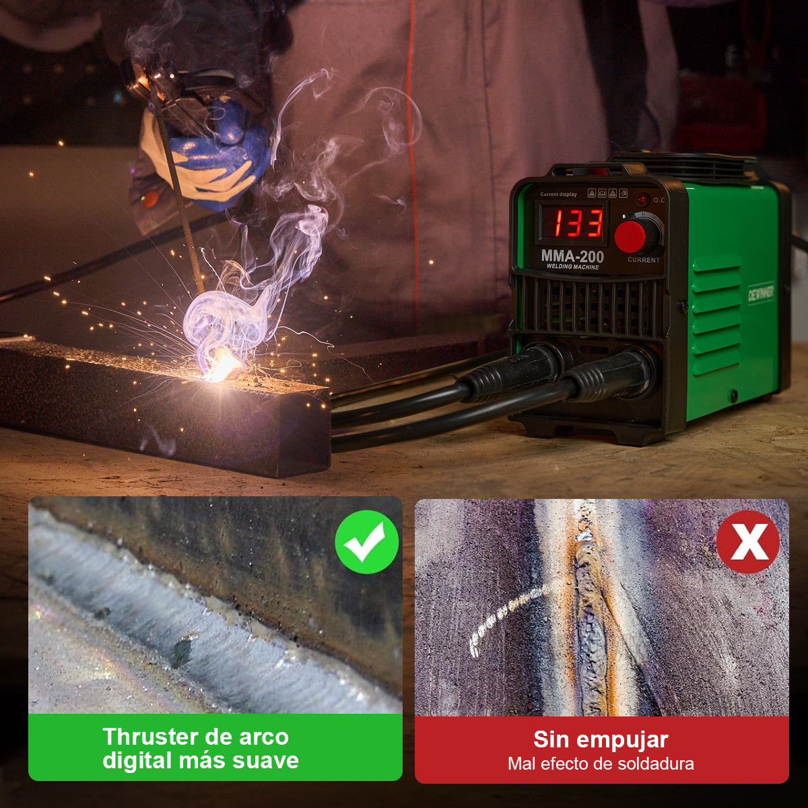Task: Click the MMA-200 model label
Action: (x=572, y=257)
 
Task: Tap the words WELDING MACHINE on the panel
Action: (x=572, y=267)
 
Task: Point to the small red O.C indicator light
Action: (x=643, y=199)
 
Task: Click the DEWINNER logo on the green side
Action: (x=761, y=293)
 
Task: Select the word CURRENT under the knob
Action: (x=643, y=260)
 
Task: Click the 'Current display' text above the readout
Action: (x=558, y=195)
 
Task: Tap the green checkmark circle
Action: (x=367, y=542)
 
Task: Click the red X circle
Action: (x=747, y=542)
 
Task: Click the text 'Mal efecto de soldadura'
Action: (x=601, y=764)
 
